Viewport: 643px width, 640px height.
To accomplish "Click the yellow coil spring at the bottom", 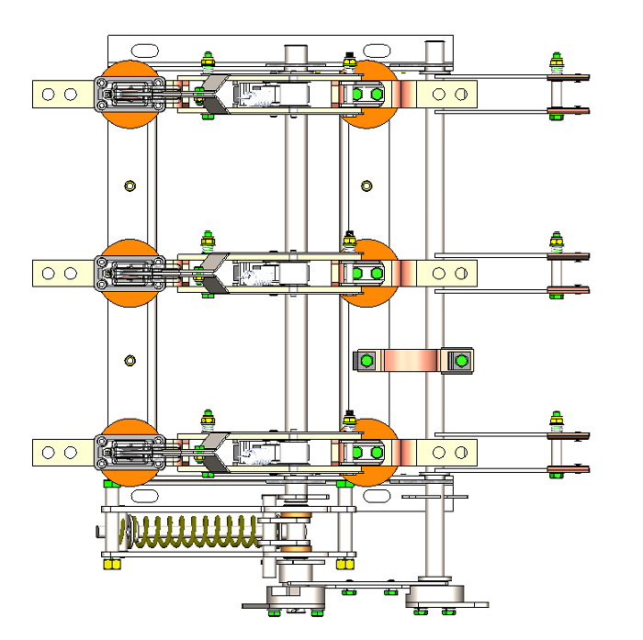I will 188,532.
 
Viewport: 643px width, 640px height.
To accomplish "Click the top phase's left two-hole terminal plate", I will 61,94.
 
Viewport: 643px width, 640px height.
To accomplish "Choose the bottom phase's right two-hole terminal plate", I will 448,452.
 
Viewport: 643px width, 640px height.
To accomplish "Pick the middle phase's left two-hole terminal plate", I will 61,273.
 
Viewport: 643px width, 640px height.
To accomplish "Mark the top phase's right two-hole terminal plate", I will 448,94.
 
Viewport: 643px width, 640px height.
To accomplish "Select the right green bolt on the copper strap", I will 459,361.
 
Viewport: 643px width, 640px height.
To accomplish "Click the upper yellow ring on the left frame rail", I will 129,186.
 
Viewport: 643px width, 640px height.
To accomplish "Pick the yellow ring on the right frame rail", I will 367,186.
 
